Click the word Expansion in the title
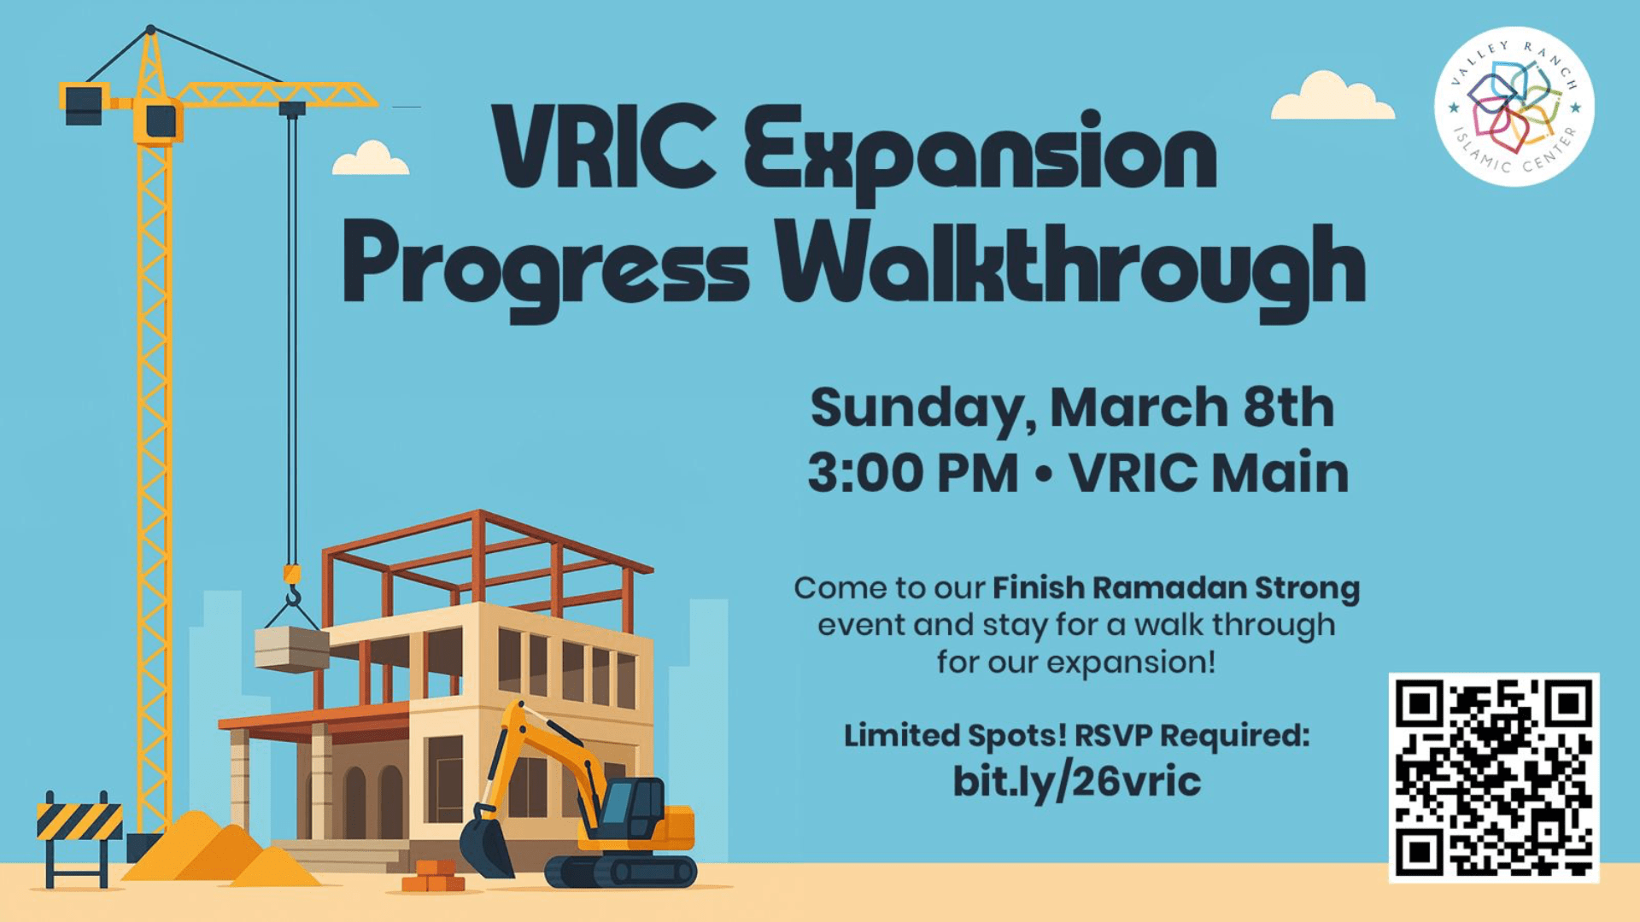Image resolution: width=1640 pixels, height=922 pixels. click(980, 152)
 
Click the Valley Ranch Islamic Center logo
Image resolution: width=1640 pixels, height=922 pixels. click(1514, 106)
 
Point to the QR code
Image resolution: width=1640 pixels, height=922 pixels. click(1494, 777)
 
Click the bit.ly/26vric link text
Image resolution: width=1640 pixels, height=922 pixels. click(1077, 781)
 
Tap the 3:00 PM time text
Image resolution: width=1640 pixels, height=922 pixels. click(913, 473)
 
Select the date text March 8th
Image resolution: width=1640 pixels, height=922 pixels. click(1192, 407)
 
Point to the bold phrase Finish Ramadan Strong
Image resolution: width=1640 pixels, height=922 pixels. click(1176, 587)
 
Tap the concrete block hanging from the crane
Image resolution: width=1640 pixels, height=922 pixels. click(292, 649)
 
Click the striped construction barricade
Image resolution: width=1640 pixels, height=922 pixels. click(79, 821)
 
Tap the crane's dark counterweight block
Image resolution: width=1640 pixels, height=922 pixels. click(84, 105)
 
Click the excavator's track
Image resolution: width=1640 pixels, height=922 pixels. click(621, 872)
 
